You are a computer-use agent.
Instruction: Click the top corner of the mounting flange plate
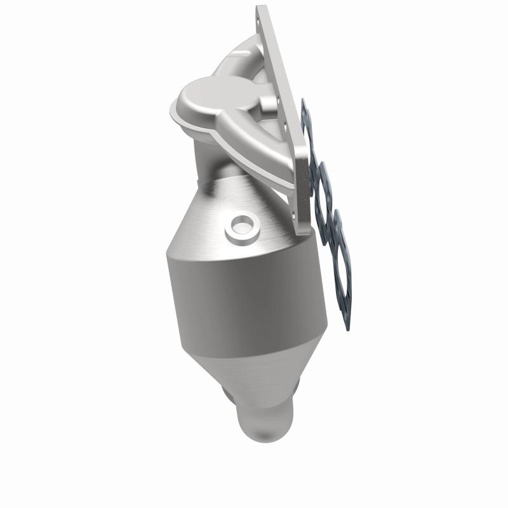[x=259, y=8]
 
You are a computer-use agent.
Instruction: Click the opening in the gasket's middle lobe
[x=325, y=190]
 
